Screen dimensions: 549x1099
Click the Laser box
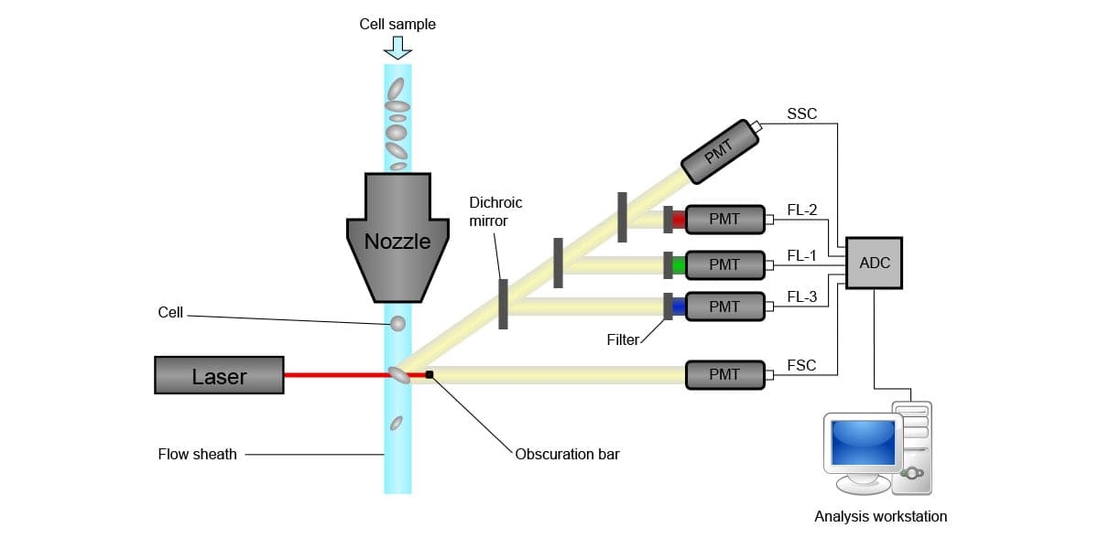click(x=219, y=375)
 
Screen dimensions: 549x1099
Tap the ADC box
click(x=875, y=263)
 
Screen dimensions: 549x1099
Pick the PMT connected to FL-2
click(x=724, y=219)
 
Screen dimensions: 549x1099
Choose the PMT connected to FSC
click(x=724, y=373)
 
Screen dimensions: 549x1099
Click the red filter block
click(x=679, y=220)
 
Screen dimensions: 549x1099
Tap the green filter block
click(x=679, y=265)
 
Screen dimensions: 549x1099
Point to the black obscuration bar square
click(x=429, y=373)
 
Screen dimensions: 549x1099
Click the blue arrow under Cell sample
click(x=397, y=48)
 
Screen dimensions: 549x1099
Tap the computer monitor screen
click(x=861, y=442)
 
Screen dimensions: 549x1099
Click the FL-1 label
click(x=801, y=256)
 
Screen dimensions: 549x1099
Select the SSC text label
click(x=801, y=114)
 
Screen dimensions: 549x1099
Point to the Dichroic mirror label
click(x=495, y=211)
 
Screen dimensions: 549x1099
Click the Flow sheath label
click(x=197, y=454)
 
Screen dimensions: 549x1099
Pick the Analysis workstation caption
click(x=880, y=517)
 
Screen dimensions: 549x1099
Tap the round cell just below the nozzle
click(x=397, y=324)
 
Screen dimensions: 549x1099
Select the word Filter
click(x=623, y=340)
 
